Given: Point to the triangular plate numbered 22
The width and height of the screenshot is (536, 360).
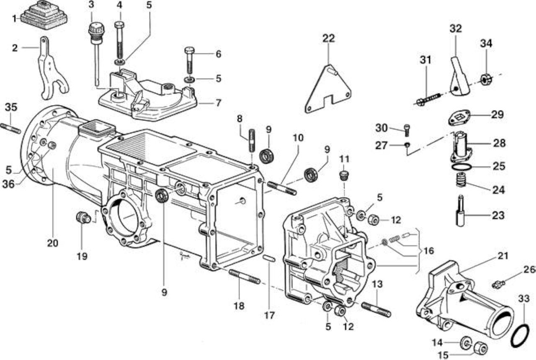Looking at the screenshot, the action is [328, 90].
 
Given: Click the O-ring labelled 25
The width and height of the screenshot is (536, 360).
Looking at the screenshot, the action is [461, 167].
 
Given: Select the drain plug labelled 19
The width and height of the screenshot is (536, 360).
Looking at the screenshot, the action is [83, 217].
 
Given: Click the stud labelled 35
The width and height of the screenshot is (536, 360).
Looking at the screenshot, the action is [11, 128].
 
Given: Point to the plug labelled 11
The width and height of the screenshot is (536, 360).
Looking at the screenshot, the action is [344, 176].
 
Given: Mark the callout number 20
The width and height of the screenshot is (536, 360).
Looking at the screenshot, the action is [53, 243].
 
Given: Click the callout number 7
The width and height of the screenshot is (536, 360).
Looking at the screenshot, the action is [218, 103].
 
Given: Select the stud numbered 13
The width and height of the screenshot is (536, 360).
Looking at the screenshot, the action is [376, 310].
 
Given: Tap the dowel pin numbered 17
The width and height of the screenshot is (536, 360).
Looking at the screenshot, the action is [269, 258].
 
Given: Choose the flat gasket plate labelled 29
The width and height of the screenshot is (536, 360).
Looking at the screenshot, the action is [459, 118].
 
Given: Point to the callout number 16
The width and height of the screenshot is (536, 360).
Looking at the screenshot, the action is [428, 251].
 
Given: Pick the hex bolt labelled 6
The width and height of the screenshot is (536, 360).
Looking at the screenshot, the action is [189, 60].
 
